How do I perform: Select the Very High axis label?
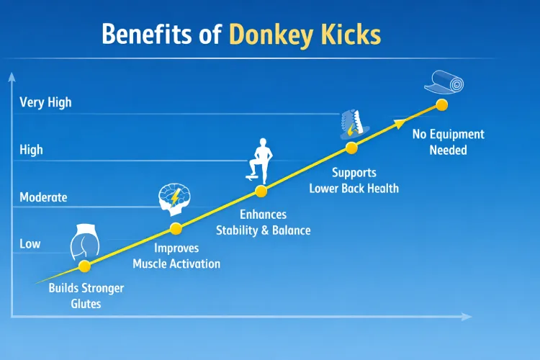45,102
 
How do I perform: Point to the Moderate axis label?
43,197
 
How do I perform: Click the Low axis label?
30,244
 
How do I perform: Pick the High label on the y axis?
31,150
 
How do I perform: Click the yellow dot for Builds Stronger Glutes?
84,266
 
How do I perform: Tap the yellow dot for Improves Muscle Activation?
176,229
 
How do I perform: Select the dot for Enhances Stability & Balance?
261,191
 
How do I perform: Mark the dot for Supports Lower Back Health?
351,148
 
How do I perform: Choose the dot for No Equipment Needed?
441,104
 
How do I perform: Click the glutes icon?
84,242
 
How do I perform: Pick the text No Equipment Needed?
448,143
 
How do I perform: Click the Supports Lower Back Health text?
354,181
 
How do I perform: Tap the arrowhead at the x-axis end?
467,317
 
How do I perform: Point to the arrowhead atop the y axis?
12,76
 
